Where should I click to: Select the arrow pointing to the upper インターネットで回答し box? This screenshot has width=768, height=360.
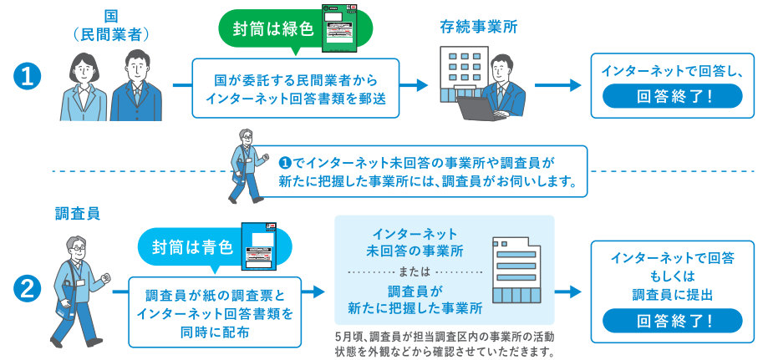coord(557,84)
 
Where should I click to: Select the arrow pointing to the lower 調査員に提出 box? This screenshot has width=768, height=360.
coord(567,292)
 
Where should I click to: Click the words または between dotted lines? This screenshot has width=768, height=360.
coord(415,271)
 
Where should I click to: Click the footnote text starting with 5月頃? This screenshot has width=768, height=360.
coord(443,343)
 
